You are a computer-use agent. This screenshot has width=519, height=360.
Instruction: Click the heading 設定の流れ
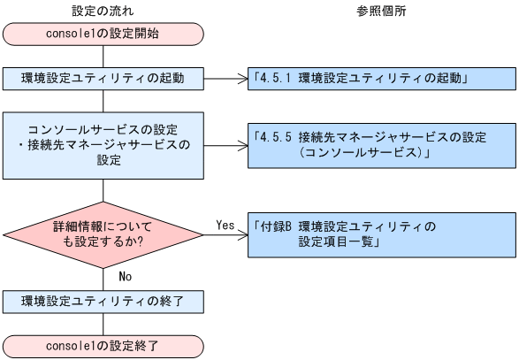coord(103,10)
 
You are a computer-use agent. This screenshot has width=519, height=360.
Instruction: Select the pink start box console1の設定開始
coord(103,35)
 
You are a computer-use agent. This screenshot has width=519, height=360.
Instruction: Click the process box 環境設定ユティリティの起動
coord(103,78)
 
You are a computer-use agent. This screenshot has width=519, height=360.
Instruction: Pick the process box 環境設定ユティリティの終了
coord(103,300)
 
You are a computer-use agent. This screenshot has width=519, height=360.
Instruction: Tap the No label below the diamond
coord(125,276)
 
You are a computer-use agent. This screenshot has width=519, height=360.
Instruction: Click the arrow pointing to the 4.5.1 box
coord(225,78)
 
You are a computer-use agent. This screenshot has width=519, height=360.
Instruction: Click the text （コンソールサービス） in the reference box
coord(363,153)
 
